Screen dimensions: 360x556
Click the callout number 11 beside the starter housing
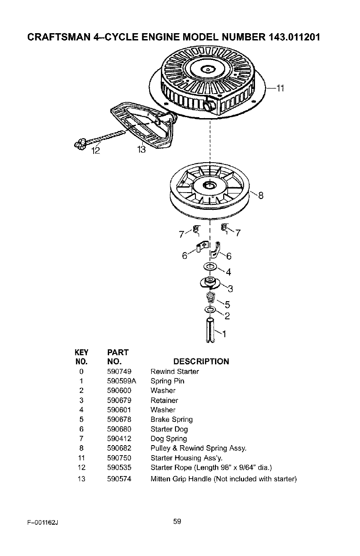(x=280, y=88)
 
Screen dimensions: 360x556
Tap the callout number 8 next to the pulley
(x=260, y=195)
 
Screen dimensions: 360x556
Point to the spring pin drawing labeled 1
(x=210, y=330)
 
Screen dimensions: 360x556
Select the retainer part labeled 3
(x=210, y=283)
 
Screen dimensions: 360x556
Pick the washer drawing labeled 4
(x=210, y=267)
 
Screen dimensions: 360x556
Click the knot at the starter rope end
(x=80, y=144)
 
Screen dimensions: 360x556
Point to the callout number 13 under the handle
(x=141, y=149)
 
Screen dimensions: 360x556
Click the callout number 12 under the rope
(x=95, y=150)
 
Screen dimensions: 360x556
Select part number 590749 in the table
(x=119, y=372)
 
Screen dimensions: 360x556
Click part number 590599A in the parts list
(x=122, y=381)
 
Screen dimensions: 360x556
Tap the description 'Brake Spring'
(x=172, y=419)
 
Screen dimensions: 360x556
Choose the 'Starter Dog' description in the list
(x=169, y=429)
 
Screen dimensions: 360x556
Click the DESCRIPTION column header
(x=201, y=362)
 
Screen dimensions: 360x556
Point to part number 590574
(x=119, y=479)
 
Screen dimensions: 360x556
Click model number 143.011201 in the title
(x=295, y=37)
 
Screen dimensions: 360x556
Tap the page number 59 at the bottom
(x=177, y=521)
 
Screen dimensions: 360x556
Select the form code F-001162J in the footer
(x=43, y=523)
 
